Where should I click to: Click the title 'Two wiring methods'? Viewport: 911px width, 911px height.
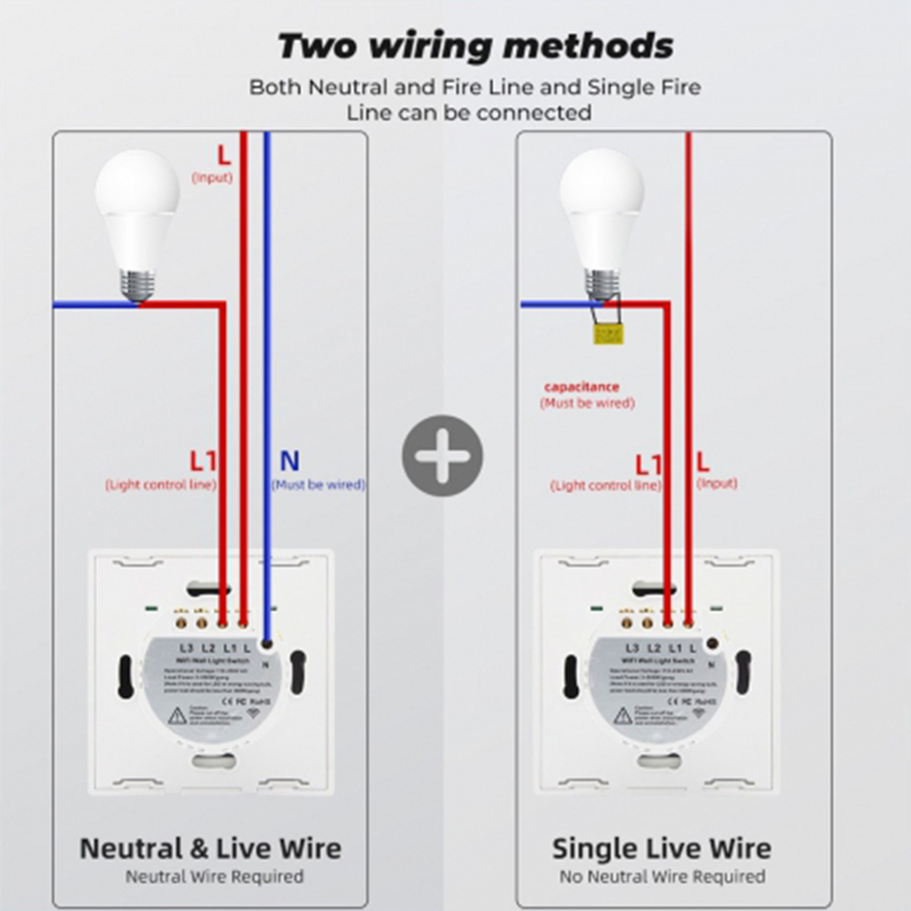(475, 46)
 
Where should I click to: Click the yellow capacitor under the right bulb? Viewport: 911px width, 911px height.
(608, 334)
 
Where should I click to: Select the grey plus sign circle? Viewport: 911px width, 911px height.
(443, 455)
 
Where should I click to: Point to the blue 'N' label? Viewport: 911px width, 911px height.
(290, 462)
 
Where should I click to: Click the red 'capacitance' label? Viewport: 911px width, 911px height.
(581, 387)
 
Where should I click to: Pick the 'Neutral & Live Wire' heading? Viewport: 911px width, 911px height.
(210, 848)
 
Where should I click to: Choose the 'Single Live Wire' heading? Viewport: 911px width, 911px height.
(661, 848)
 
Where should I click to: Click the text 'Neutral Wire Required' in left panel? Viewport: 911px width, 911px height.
(214, 877)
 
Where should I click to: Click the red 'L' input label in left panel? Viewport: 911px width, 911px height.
(223, 155)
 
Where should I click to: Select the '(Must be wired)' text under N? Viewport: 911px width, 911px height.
(318, 485)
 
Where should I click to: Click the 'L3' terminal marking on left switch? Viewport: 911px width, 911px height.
(187, 648)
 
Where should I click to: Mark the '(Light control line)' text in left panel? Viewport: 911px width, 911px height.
(161, 485)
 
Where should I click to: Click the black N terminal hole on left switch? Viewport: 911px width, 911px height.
(267, 644)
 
